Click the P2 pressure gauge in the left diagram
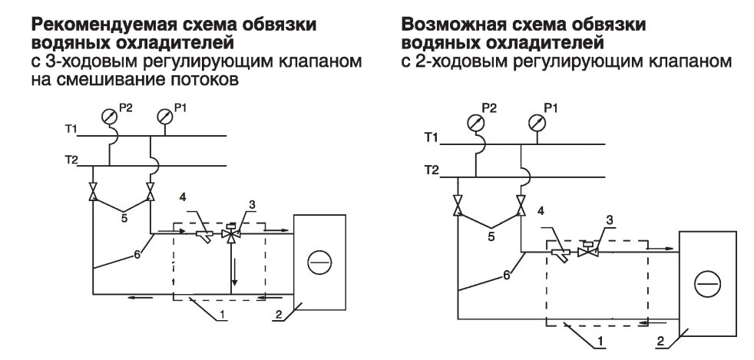tap(110, 117)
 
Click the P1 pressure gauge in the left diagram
tap(164, 117)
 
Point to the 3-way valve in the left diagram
tap(230, 234)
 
